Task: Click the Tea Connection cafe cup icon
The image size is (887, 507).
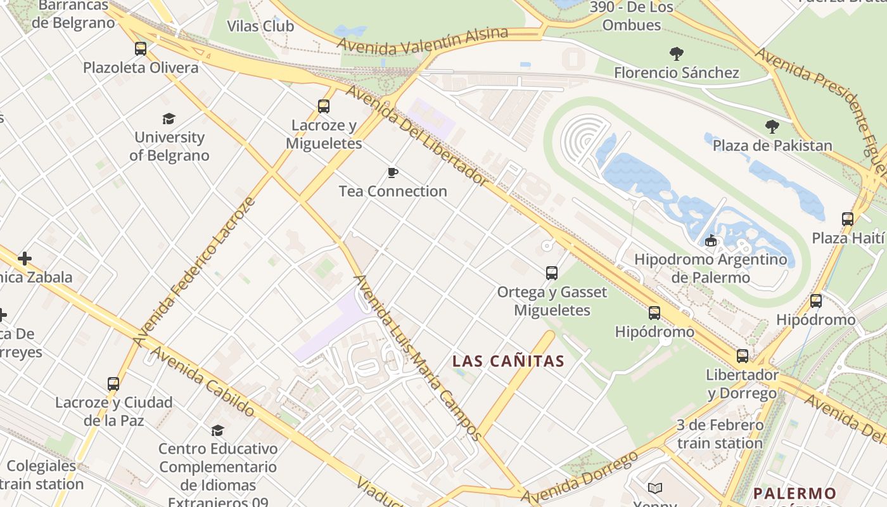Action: tap(393, 172)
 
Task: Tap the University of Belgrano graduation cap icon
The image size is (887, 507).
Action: tap(169, 119)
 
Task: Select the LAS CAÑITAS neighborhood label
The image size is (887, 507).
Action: tap(508, 361)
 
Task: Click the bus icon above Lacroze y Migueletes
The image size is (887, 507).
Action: tap(324, 106)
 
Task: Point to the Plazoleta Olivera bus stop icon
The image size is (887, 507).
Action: tap(141, 48)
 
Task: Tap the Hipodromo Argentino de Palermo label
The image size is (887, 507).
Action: tap(710, 268)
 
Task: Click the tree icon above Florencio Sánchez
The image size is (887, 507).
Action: tap(677, 54)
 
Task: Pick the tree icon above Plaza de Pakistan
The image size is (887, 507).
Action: tap(772, 127)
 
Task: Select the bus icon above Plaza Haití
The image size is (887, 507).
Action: tap(848, 219)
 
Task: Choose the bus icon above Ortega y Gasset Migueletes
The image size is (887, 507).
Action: tap(552, 273)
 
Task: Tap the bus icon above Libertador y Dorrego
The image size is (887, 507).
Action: tap(742, 356)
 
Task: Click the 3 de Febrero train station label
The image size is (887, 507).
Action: tap(720, 434)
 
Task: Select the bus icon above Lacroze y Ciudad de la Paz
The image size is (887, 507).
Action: tap(113, 383)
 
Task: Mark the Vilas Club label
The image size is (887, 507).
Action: tap(260, 26)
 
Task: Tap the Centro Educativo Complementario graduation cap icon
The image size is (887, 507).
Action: tap(217, 430)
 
